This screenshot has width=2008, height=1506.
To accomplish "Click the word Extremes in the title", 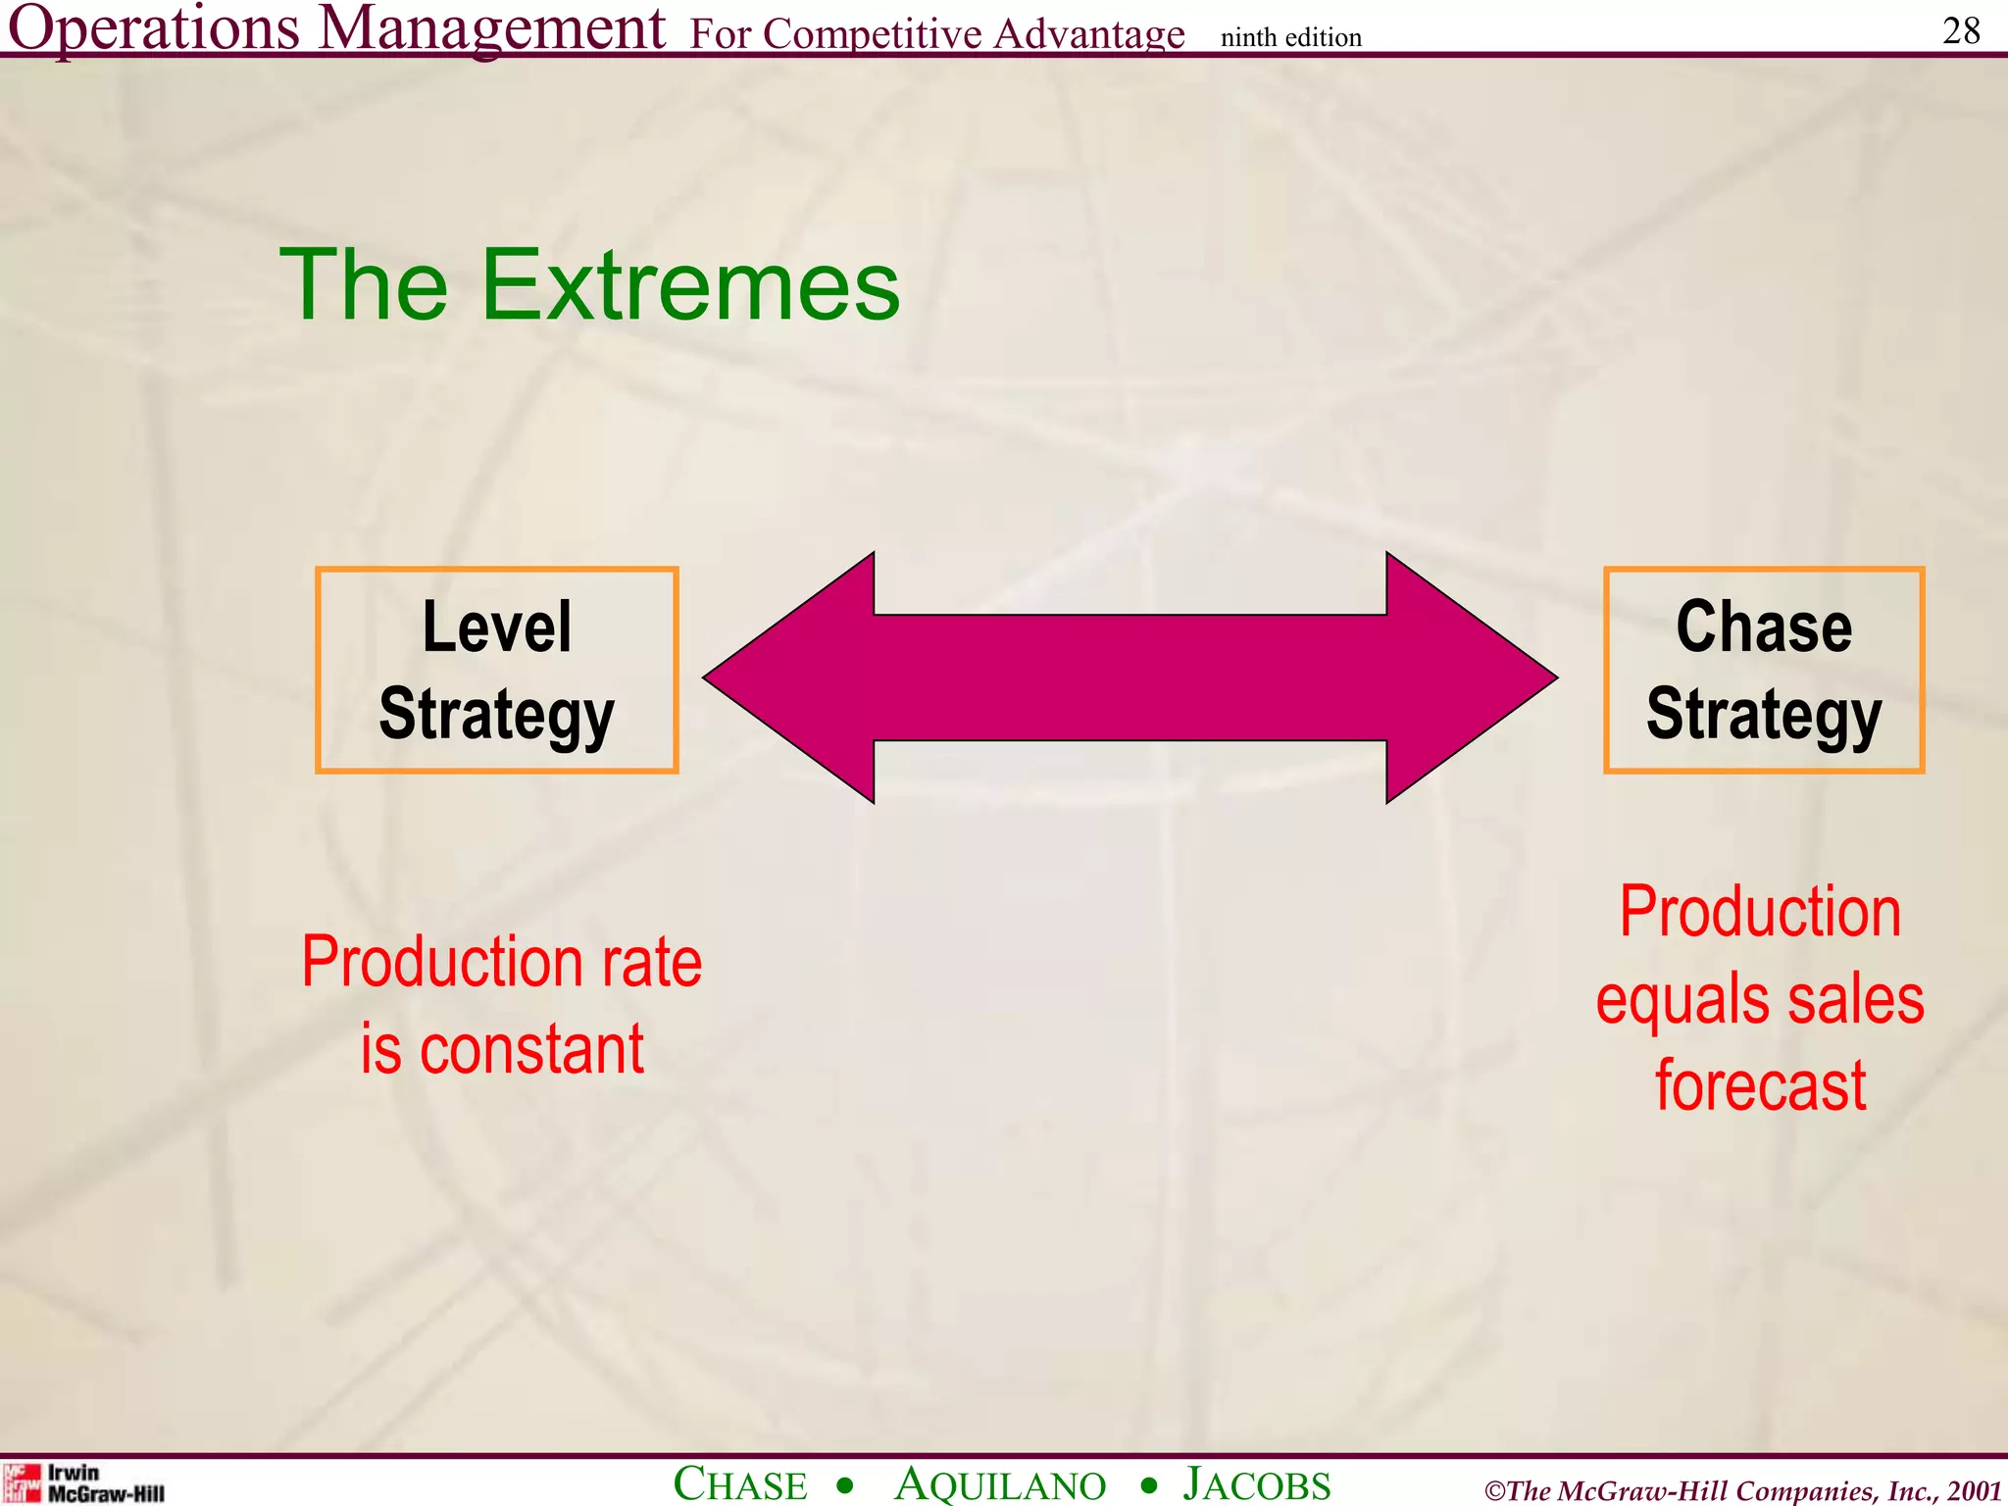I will (x=690, y=285).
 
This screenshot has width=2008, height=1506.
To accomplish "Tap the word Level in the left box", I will (x=496, y=627).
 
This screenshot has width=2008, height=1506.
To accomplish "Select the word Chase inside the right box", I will (x=1764, y=627).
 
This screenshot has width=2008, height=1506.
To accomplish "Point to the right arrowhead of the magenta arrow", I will (x=1471, y=678).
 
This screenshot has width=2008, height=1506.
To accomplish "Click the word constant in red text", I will (x=531, y=1050).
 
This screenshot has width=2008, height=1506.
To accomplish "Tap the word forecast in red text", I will (x=1761, y=1086).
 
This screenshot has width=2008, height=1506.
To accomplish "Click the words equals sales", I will (x=1760, y=999).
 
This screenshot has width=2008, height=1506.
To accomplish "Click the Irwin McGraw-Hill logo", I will (x=83, y=1482).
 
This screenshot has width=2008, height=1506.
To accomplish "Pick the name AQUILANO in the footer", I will (x=1000, y=1484).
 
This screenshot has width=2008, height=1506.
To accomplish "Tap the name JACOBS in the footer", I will (x=1257, y=1484).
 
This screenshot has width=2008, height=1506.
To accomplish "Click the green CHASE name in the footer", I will (x=740, y=1484).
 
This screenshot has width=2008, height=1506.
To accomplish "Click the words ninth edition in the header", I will (x=1290, y=37).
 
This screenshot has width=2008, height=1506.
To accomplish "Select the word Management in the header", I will (x=492, y=27).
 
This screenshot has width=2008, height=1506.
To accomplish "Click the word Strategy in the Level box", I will (x=496, y=715).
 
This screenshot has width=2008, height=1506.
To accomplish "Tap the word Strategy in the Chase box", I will (x=1764, y=715).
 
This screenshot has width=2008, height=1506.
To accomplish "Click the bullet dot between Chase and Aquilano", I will (x=845, y=1486).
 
